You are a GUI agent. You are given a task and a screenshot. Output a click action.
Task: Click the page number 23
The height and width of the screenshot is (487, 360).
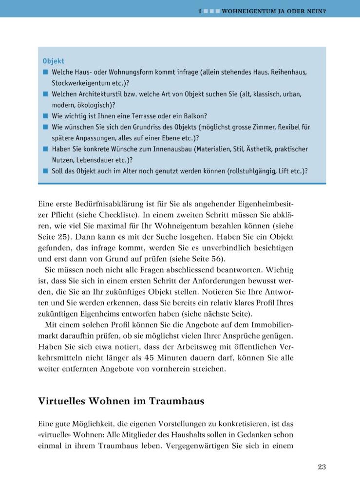pyautogui.click(x=322, y=467)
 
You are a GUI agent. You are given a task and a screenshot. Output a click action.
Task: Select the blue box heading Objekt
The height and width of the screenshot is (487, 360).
pyautogui.click(x=53, y=61)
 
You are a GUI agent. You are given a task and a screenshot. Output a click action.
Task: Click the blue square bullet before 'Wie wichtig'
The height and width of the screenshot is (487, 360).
pyautogui.click(x=45, y=116)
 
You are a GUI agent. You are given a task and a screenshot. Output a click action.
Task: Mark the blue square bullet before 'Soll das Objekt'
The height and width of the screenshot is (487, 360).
pyautogui.click(x=45, y=171)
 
